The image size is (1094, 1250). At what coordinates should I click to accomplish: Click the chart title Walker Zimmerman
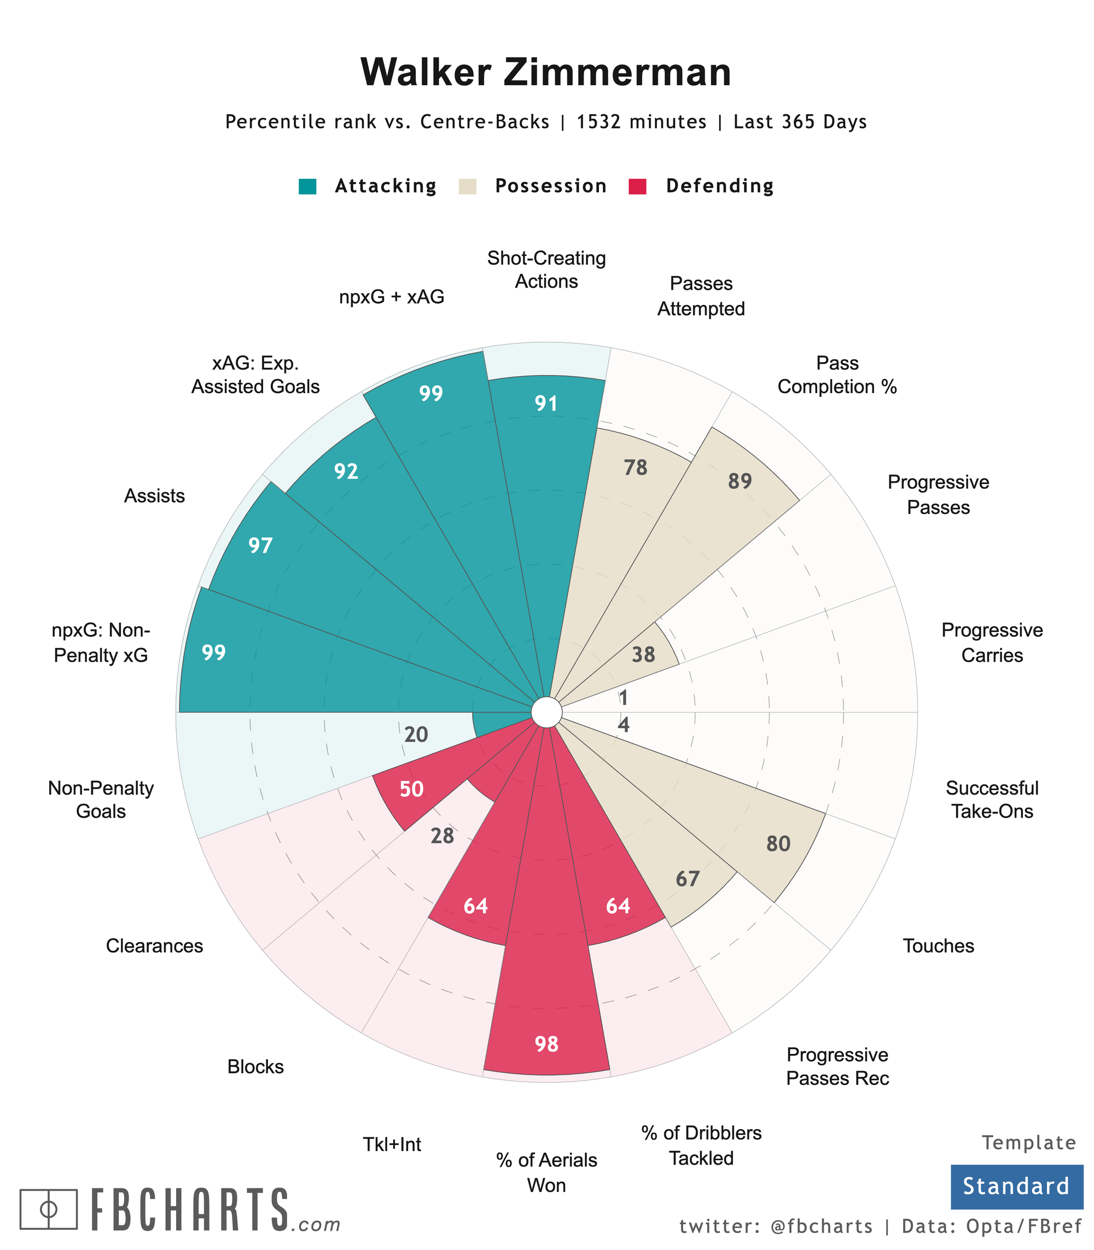[x=546, y=73]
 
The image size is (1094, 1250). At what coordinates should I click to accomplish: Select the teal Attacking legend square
[x=307, y=186]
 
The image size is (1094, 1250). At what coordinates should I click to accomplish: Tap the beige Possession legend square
[x=467, y=186]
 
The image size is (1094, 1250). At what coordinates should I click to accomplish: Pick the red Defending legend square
[x=637, y=186]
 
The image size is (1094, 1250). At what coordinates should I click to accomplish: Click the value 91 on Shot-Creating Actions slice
[x=546, y=404]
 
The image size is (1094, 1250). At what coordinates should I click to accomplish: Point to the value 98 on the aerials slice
[x=546, y=1044]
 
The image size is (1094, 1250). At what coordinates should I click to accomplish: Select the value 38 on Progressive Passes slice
[x=643, y=655]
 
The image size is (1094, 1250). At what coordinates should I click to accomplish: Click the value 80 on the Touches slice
[x=778, y=844]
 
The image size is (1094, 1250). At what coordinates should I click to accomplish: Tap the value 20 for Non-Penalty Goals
[x=416, y=735]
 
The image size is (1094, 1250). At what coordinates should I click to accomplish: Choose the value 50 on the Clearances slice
[x=411, y=789]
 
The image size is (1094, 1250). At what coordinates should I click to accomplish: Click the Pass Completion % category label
[x=837, y=375]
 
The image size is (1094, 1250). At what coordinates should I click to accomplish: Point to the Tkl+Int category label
[x=392, y=1144]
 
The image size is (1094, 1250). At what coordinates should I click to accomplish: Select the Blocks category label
[x=255, y=1066]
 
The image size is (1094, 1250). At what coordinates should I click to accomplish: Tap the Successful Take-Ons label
[x=992, y=799]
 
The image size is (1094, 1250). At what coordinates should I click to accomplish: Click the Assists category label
[x=154, y=495]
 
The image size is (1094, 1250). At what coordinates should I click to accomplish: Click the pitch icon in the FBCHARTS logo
[x=49, y=1208]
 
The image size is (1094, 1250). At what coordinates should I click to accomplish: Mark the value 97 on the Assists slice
[x=261, y=546]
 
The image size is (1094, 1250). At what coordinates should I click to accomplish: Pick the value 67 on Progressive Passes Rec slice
[x=688, y=879]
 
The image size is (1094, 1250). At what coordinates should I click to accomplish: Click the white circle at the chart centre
[x=546, y=712]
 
